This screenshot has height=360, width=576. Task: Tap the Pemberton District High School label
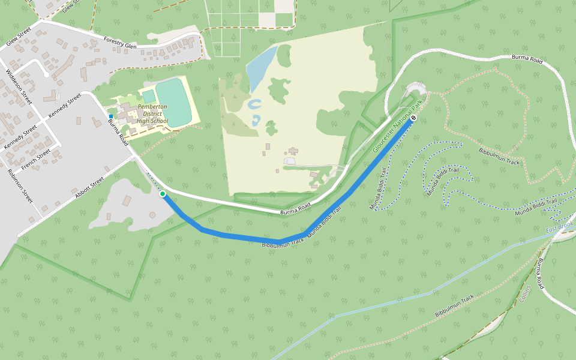(152, 114)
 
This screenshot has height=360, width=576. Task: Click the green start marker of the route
(163, 194)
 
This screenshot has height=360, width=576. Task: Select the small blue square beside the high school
(111, 116)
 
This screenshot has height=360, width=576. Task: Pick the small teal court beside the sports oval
(148, 96)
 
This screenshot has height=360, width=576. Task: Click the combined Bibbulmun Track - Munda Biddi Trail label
(301, 228)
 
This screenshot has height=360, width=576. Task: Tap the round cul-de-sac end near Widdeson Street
(46, 74)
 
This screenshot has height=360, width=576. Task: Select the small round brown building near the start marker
(152, 215)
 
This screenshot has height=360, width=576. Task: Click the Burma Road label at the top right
(527, 60)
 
